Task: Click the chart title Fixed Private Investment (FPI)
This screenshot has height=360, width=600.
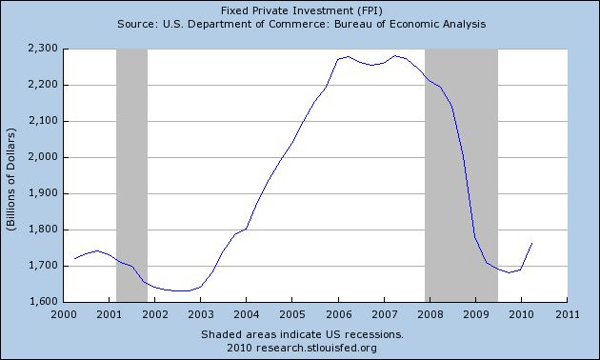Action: click(300, 9)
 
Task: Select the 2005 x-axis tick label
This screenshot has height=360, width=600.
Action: click(291, 313)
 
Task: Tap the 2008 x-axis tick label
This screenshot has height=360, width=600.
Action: click(429, 313)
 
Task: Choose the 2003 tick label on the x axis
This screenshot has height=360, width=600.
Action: click(200, 313)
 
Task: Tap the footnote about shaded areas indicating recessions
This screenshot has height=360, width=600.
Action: click(300, 334)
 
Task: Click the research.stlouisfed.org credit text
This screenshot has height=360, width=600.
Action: click(300, 347)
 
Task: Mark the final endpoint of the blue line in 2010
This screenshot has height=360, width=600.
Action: click(531, 243)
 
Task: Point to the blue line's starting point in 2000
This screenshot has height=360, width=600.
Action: click(74, 259)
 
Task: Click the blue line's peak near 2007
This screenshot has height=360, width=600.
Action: click(395, 56)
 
